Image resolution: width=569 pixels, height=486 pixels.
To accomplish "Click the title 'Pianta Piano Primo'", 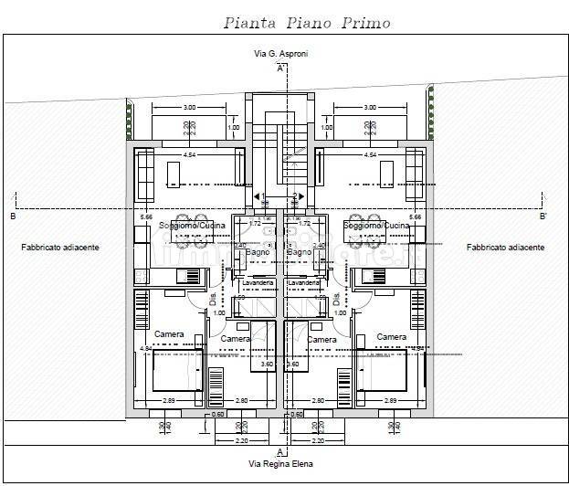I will coord(293,23).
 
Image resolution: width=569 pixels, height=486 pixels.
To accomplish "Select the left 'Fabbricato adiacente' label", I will coord(60,248).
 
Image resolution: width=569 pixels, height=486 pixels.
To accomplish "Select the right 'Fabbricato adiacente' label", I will coord(505,248).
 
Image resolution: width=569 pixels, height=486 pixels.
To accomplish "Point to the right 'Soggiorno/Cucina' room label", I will coord(376,225).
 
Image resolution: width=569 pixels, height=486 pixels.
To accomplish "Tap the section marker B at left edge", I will coord(12,217).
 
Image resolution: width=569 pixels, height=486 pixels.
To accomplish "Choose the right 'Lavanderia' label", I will coord(304,283).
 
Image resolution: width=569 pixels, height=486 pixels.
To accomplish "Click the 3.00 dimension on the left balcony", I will coord(189,109).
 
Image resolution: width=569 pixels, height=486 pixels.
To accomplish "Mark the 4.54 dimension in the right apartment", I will coord(370,155).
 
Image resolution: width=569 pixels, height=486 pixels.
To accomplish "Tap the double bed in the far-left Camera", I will coord(174,373).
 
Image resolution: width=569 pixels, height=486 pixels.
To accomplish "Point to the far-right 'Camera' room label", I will coord(392,336).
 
